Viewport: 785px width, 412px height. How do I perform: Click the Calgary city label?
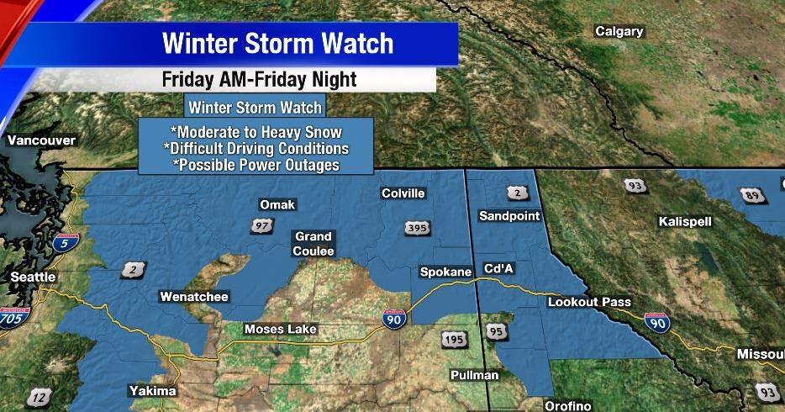coord(619,32)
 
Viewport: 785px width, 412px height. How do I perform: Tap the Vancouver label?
coord(41,140)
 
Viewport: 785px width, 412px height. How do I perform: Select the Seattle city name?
coord(33,277)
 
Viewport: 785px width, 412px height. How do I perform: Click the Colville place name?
coord(403,193)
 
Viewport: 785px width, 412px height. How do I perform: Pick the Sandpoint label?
coord(509,216)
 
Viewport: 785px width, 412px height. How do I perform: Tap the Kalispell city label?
coord(685,221)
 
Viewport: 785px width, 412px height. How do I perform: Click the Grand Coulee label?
coord(313,244)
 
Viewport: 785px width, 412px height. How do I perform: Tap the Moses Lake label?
coord(281,329)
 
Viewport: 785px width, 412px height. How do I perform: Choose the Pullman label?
coord(474,375)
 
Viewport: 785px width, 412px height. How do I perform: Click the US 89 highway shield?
coord(752,196)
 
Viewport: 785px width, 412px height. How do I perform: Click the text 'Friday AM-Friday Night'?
coord(259,80)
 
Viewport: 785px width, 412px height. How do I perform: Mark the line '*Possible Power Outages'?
coord(256,165)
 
